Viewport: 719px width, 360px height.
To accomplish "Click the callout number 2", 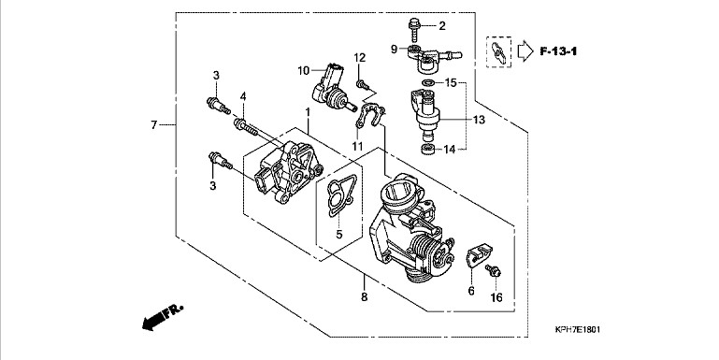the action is tap(442, 25).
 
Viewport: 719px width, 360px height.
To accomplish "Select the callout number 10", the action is tap(304, 71).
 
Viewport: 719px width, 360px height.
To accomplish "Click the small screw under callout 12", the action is tap(363, 84).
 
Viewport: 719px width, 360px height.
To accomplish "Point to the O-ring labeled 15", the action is tap(428, 83).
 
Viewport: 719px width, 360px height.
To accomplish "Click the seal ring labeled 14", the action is tap(428, 149).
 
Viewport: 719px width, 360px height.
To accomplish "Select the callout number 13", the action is tap(479, 120).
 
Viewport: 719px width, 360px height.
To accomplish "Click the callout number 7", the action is tap(154, 124).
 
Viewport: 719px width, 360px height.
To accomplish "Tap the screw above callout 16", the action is tap(493, 270).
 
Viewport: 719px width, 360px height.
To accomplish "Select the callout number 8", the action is tap(364, 296).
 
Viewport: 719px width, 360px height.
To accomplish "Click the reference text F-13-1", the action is tap(558, 50).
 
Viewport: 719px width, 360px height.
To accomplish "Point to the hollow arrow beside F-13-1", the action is tap(525, 51).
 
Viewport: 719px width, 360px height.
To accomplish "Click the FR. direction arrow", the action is tap(163, 315).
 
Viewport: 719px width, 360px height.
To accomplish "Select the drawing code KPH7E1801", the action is tap(577, 329).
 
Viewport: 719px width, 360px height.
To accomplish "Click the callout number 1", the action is tap(309, 112).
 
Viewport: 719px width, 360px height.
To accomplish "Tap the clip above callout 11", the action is tap(370, 116).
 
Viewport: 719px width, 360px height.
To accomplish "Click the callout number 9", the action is tap(395, 49).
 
